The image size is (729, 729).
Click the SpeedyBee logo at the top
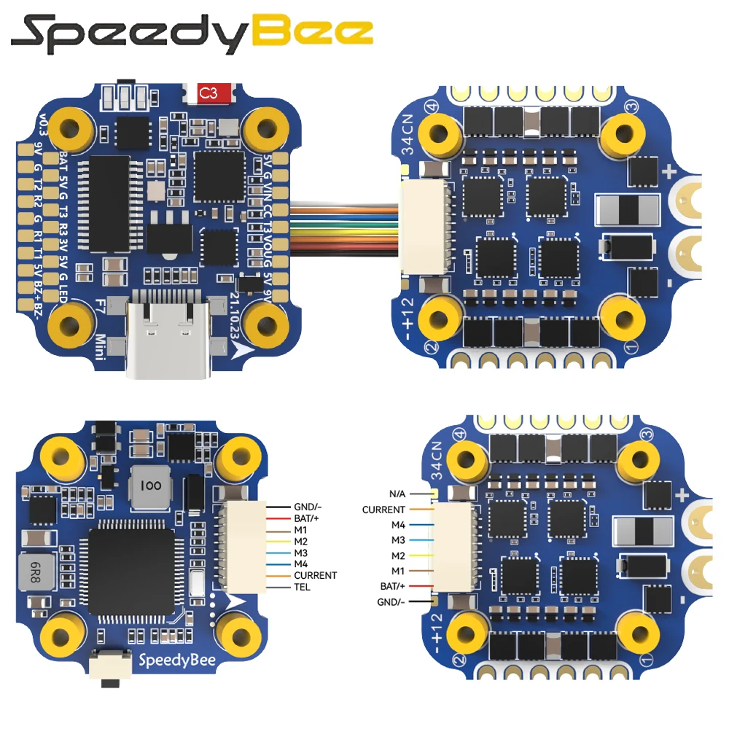(x=193, y=33)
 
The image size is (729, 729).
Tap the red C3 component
(x=209, y=93)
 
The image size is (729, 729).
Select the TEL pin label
(x=302, y=587)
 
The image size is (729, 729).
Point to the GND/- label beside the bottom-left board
(x=306, y=506)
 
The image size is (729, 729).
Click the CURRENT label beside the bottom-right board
(x=383, y=510)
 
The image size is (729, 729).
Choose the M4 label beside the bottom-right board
(x=397, y=525)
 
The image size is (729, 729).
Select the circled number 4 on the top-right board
(x=437, y=106)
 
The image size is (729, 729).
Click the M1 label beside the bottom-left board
(x=300, y=529)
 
